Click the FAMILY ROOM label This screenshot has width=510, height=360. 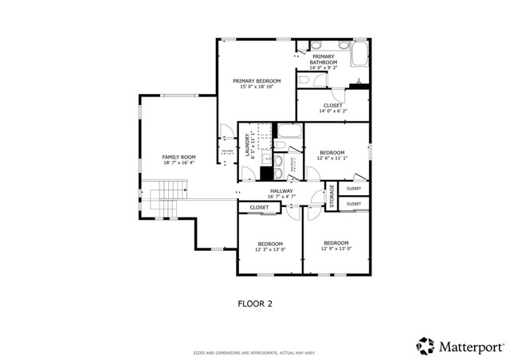178,157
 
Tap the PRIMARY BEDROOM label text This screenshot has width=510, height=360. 257,80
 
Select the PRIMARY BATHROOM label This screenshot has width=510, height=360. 324,59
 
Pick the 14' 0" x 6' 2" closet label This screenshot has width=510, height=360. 333,111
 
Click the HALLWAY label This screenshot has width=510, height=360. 281,190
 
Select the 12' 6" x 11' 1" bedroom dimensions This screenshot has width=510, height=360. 332,158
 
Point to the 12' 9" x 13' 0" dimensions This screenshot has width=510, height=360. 335,248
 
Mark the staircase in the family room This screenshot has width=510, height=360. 168,198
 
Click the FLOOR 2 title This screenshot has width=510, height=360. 255,303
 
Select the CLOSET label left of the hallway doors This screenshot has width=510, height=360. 259,207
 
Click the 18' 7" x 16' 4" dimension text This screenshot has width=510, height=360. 178,162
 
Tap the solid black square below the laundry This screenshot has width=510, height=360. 267,174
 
